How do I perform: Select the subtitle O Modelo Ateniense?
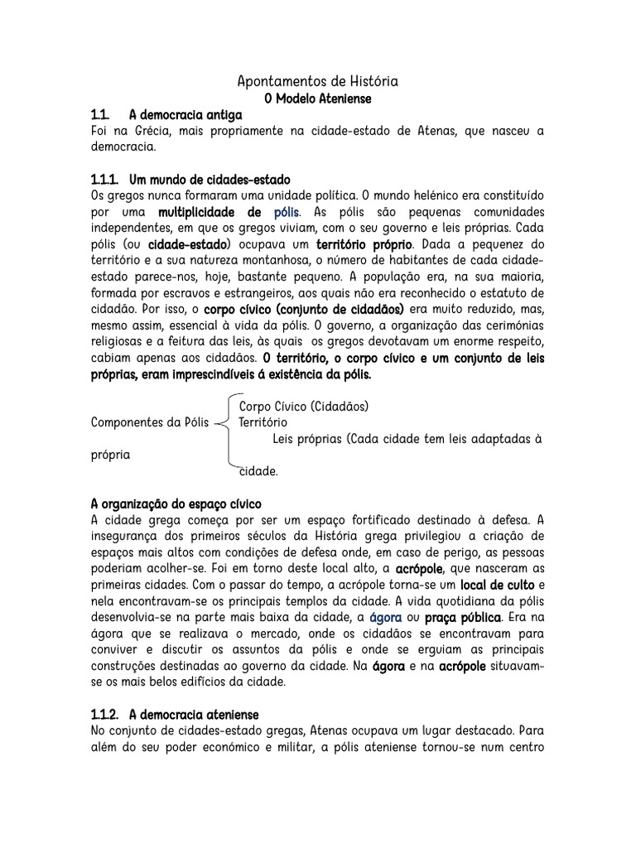(318, 99)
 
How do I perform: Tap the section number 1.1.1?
(104, 180)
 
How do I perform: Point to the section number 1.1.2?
(104, 714)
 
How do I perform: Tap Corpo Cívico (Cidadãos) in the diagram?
(303, 407)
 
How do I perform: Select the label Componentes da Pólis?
(149, 422)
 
